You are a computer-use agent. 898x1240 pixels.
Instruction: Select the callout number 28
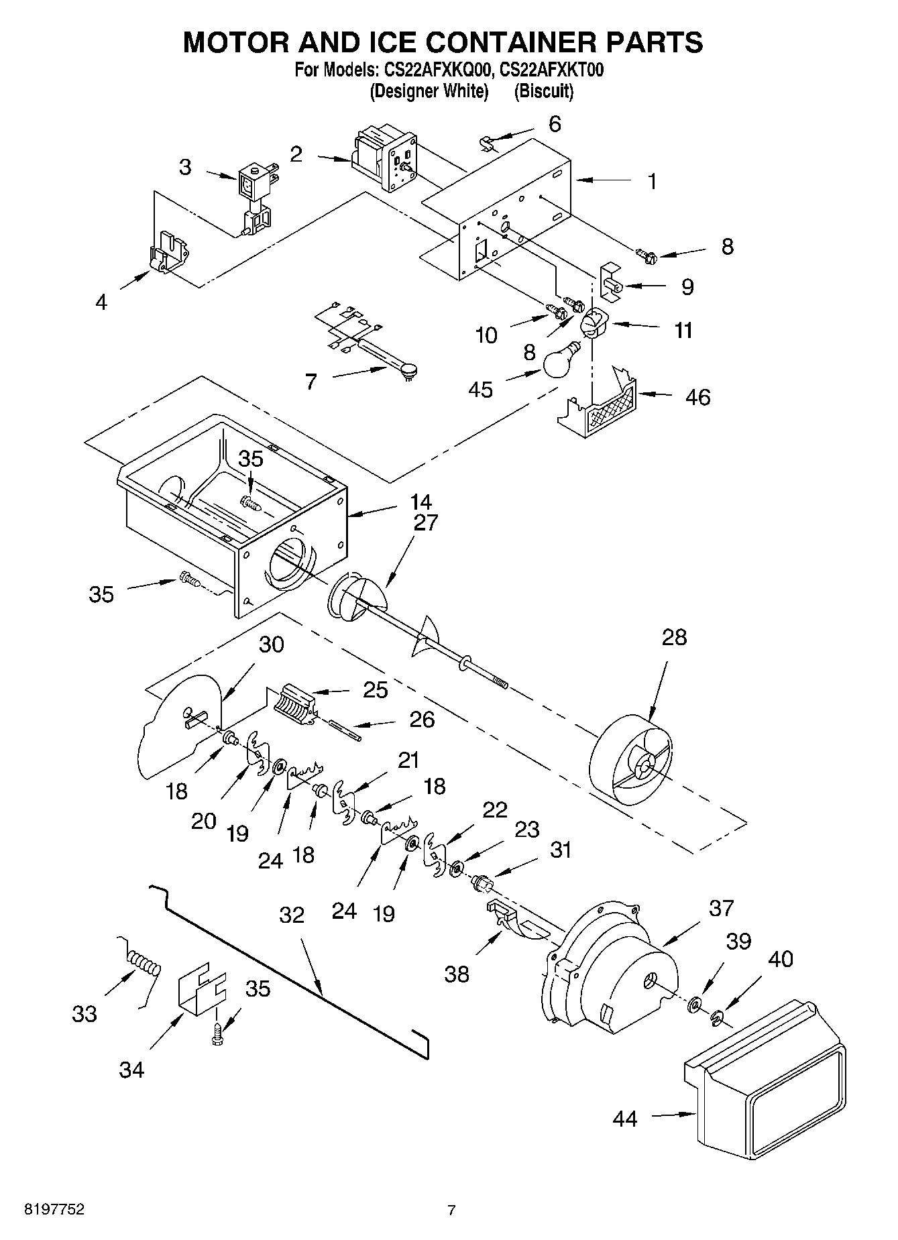(674, 637)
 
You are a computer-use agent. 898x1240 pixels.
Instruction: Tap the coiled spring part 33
(144, 966)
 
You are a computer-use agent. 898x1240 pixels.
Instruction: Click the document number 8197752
(54, 1210)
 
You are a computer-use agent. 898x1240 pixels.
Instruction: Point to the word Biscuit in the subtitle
(543, 92)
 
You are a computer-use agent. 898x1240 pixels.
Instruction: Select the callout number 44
(624, 1118)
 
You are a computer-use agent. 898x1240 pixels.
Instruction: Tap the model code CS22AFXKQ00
(435, 70)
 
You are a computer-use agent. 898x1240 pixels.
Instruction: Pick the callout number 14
(421, 501)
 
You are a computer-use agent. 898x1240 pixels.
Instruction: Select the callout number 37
(722, 908)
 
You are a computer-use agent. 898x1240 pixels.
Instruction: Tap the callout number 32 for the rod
(291, 915)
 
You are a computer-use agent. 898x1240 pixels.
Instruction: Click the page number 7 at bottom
(451, 1210)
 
